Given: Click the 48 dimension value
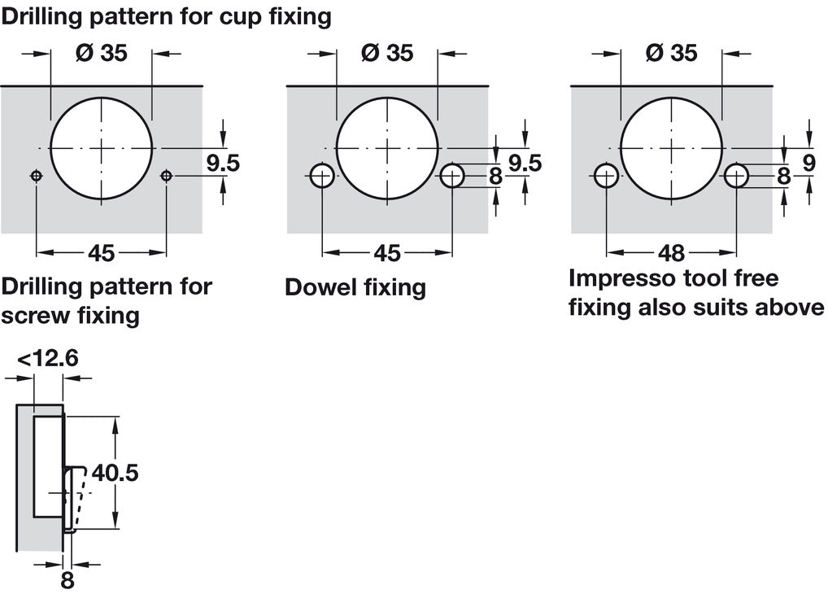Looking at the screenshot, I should click(671, 252).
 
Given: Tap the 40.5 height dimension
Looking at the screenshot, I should click(115, 472).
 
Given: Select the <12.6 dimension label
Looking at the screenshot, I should click(47, 357).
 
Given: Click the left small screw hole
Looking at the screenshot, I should click(37, 176).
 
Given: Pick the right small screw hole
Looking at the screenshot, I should click(167, 176).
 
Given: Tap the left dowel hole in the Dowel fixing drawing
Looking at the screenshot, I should click(323, 176).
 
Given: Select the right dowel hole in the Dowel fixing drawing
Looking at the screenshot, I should click(452, 176).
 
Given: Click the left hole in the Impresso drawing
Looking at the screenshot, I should click(607, 176).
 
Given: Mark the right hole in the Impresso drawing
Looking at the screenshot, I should click(737, 176).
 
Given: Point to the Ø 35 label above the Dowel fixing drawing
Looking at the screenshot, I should click(386, 53).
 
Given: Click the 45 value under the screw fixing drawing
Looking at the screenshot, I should click(101, 254).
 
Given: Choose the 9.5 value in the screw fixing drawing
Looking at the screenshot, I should click(222, 164).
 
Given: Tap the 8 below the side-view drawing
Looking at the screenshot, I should click(68, 580).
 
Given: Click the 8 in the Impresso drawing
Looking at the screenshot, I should click(783, 176).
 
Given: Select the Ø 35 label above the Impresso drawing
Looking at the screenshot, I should click(671, 53).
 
